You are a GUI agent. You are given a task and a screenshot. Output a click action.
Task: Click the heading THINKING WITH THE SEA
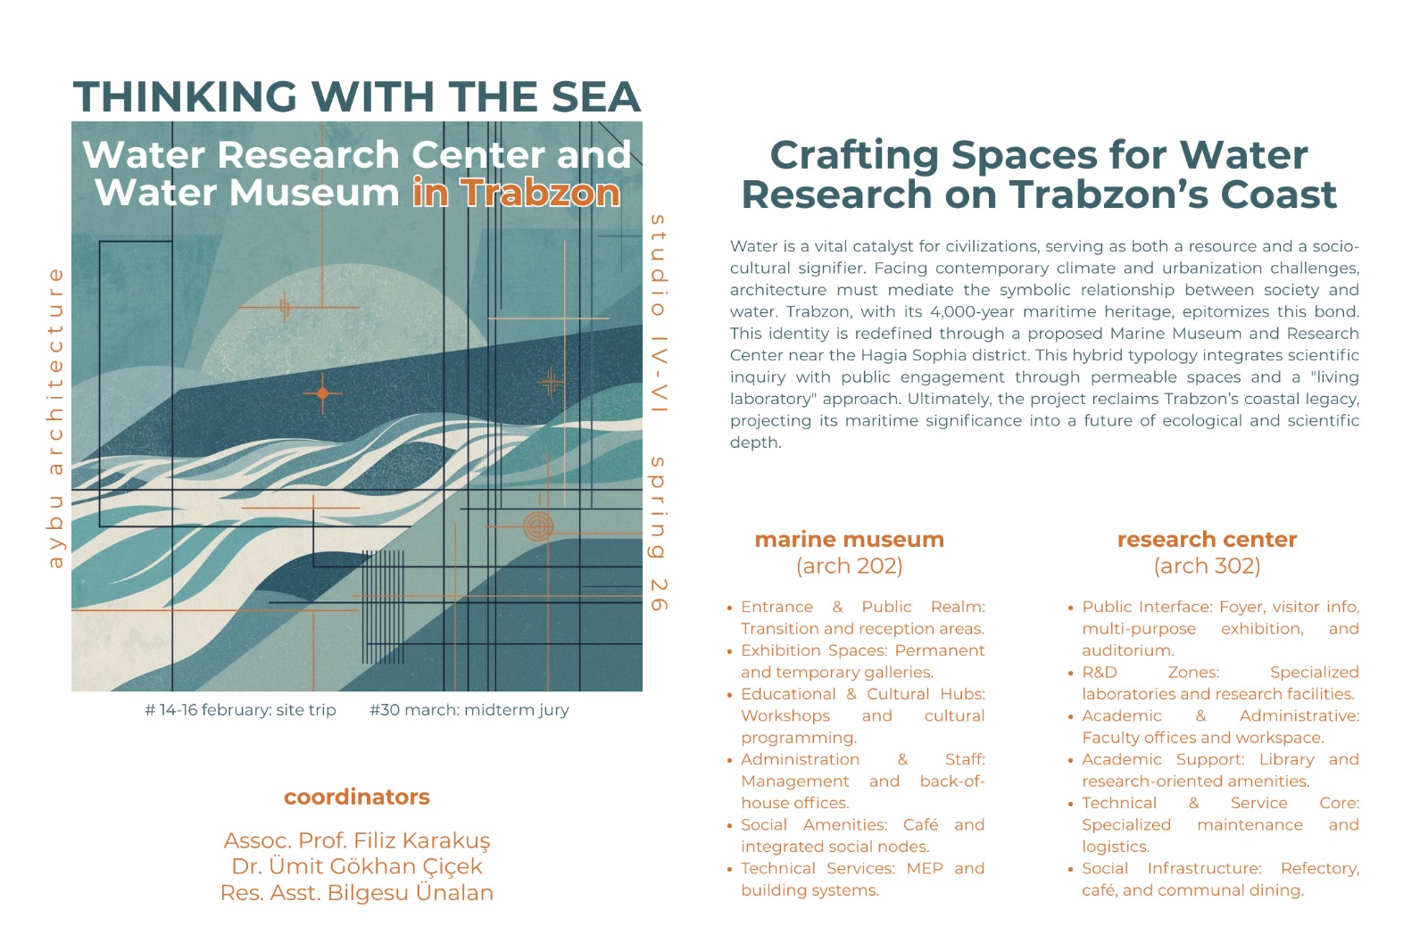[357, 96]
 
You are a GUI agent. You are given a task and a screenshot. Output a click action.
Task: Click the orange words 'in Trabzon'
[516, 193]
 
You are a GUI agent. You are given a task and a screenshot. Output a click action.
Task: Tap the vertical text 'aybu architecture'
[55, 418]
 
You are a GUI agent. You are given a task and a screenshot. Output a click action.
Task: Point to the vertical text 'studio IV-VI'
[658, 314]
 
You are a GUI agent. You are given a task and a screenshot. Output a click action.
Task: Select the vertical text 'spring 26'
[658, 533]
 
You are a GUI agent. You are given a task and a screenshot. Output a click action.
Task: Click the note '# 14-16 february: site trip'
[240, 710]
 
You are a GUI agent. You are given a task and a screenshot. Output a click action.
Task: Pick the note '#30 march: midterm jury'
[469, 710]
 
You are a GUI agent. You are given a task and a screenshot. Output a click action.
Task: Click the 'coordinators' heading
[357, 797]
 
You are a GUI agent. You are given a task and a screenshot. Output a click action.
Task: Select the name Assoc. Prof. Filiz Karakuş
[357, 840]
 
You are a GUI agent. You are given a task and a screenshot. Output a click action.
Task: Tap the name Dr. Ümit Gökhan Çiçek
[357, 866]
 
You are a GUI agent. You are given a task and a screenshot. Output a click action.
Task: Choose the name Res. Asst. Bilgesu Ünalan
[357, 893]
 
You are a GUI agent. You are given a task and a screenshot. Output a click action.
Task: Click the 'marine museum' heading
[849, 540]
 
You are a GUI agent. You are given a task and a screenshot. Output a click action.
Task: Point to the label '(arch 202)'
[849, 566]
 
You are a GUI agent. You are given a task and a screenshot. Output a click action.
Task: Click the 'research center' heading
[1207, 540]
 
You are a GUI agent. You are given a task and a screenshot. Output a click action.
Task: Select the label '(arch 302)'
[1207, 566]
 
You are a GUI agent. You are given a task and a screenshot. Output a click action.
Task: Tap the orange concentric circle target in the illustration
[537, 526]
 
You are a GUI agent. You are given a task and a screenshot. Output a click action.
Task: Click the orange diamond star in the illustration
[322, 393]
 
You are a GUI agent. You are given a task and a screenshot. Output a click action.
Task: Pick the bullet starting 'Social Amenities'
[861, 835]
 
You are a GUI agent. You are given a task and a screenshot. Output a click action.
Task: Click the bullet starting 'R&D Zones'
[1219, 682]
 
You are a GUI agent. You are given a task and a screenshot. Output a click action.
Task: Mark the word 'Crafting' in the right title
[854, 155]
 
